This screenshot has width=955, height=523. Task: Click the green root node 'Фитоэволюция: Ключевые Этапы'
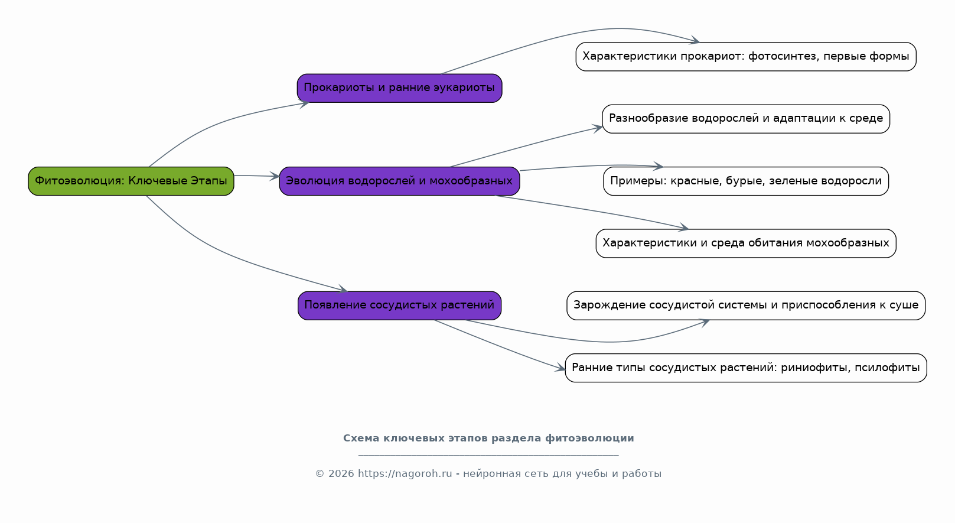pyautogui.click(x=131, y=181)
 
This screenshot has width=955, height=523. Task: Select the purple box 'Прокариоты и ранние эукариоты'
pyautogui.click(x=399, y=88)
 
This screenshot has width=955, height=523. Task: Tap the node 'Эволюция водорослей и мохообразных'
pyautogui.click(x=399, y=181)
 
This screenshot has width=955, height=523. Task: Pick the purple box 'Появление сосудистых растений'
pyautogui.click(x=399, y=306)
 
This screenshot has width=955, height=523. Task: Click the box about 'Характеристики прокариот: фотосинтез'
pyautogui.click(x=746, y=57)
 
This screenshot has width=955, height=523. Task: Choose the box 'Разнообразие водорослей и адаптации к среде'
pyautogui.click(x=746, y=119)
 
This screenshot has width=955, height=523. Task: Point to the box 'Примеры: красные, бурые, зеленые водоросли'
pyautogui.click(x=746, y=181)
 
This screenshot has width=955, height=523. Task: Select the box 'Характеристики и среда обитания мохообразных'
pyautogui.click(x=746, y=243)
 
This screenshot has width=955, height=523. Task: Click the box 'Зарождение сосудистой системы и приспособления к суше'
pyautogui.click(x=746, y=306)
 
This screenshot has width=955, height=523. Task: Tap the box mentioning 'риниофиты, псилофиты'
pyautogui.click(x=746, y=368)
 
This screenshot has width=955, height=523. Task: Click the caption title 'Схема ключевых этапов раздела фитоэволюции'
pyautogui.click(x=488, y=438)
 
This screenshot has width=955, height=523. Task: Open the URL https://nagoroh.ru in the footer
pyautogui.click(x=405, y=474)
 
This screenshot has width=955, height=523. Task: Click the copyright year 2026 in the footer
pyautogui.click(x=341, y=474)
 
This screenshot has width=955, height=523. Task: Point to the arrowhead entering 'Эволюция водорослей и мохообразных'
pyautogui.click(x=275, y=176)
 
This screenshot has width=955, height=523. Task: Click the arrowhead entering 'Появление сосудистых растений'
pyautogui.click(x=343, y=289)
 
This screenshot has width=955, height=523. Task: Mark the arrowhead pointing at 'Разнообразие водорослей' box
pyautogui.click(x=597, y=128)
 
